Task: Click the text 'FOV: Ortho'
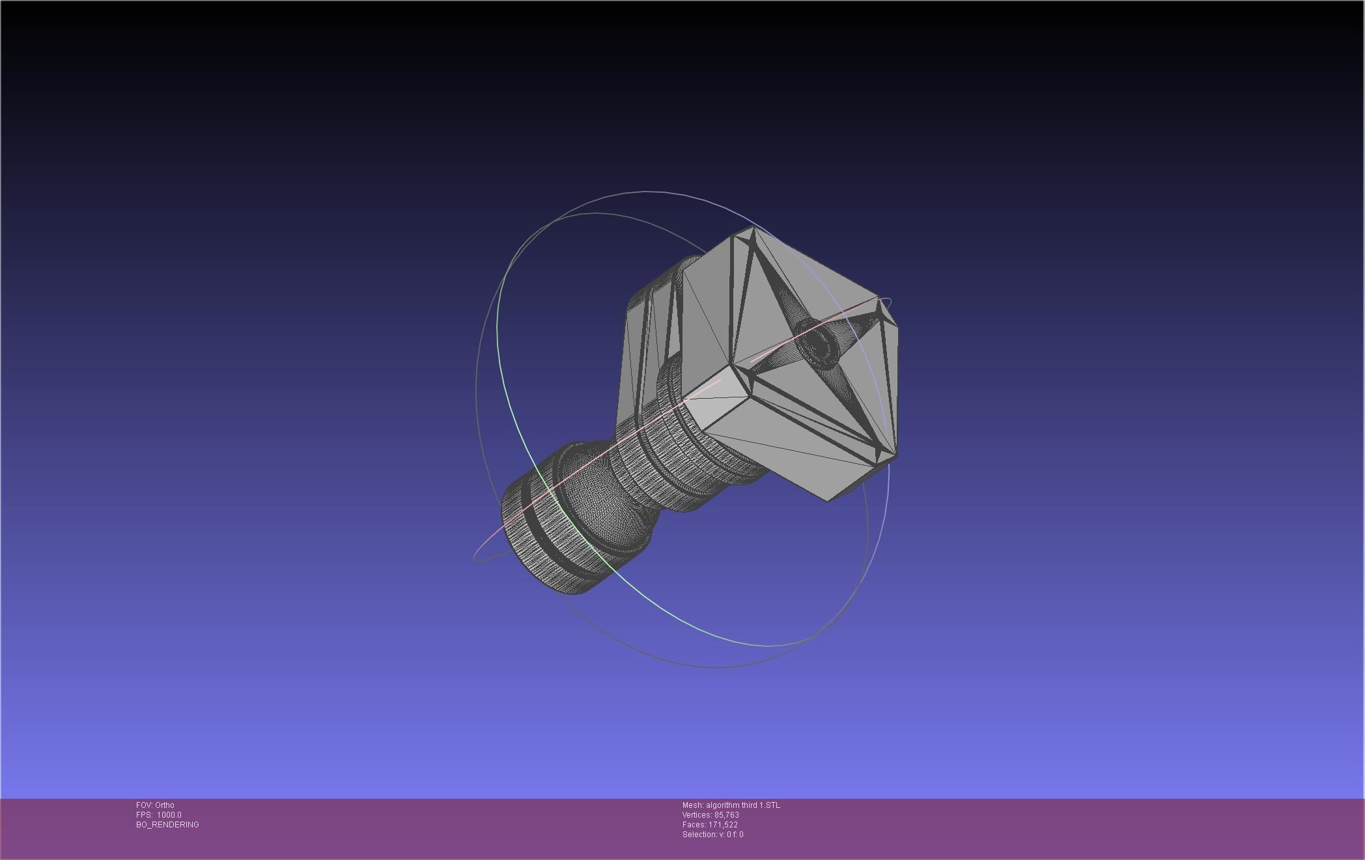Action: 155,805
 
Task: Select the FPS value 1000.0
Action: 169,815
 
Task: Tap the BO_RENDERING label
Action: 167,825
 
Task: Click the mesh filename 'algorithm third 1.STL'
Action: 742,805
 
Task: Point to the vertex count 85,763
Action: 726,815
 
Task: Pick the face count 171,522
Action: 723,825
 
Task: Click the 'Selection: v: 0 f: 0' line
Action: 712,835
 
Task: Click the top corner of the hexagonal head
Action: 752,227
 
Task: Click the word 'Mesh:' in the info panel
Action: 692,805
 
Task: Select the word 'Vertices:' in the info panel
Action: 697,815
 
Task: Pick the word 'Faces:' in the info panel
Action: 694,825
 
